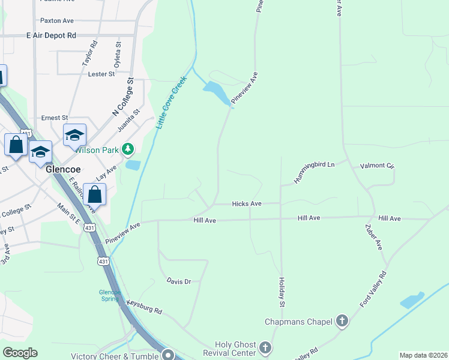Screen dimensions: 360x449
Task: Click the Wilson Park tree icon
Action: click(x=127, y=149)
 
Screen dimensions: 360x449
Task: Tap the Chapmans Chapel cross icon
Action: click(x=342, y=322)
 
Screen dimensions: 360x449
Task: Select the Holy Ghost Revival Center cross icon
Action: click(x=265, y=347)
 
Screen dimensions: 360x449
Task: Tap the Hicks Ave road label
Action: click(x=246, y=204)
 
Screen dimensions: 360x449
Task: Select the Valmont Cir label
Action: click(x=376, y=166)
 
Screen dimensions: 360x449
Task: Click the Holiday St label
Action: click(x=282, y=290)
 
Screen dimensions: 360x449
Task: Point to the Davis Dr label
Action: click(x=178, y=281)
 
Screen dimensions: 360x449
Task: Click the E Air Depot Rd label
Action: click(x=51, y=36)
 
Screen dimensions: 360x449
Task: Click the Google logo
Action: click(x=20, y=353)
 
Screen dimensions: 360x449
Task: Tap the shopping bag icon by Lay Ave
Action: click(x=94, y=194)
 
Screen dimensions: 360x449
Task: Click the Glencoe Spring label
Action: click(x=110, y=295)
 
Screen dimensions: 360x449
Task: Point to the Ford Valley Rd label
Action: click(x=373, y=289)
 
